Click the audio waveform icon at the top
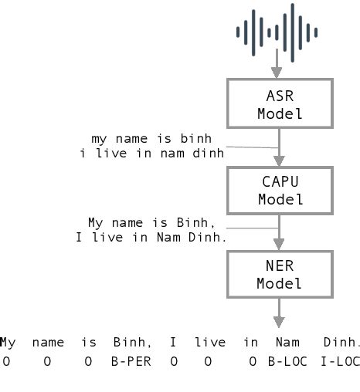(x=277, y=32)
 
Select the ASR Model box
(x=279, y=103)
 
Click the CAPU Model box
(x=279, y=190)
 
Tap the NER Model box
(x=279, y=275)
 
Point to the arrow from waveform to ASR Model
(x=279, y=66)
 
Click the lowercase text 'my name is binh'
(x=151, y=139)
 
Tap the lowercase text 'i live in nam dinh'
(x=151, y=153)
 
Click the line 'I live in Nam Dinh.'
(x=151, y=237)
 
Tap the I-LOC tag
(x=341, y=360)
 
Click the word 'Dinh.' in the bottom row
(x=342, y=342)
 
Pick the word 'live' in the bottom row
(x=210, y=342)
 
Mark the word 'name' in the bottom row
(x=48, y=342)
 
